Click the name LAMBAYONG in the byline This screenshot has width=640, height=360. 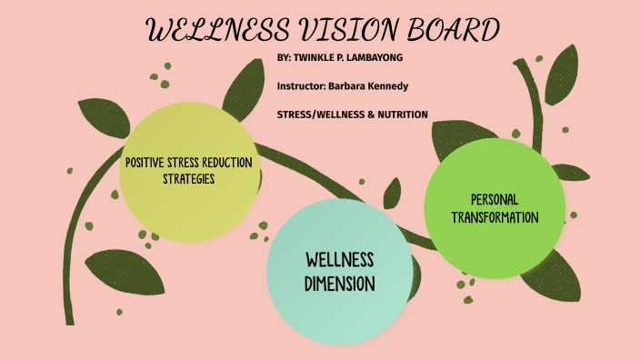(367, 57)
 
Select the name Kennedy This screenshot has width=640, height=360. (388, 85)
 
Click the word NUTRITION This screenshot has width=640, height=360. (396, 115)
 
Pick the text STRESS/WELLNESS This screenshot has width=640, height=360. (323, 115)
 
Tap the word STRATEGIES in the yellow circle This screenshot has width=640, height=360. (188, 178)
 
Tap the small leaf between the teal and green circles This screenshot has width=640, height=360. (393, 193)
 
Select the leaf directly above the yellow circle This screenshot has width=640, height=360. (243, 88)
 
